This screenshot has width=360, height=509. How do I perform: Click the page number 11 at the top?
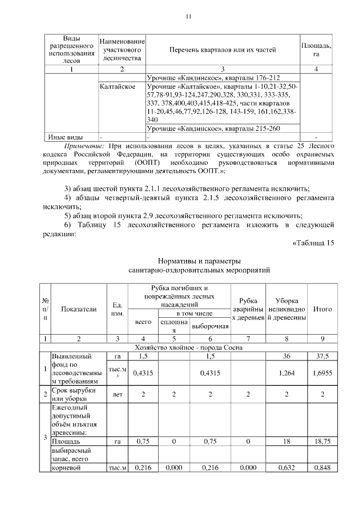pos(188,16)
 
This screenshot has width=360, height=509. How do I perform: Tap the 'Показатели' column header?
pos(79,309)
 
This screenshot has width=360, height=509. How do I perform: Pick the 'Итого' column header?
pos(322,309)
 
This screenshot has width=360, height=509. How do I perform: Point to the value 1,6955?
pos(322,372)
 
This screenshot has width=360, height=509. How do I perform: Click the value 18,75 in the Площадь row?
pos(322,442)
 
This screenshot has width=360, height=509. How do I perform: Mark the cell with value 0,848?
pos(322,467)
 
